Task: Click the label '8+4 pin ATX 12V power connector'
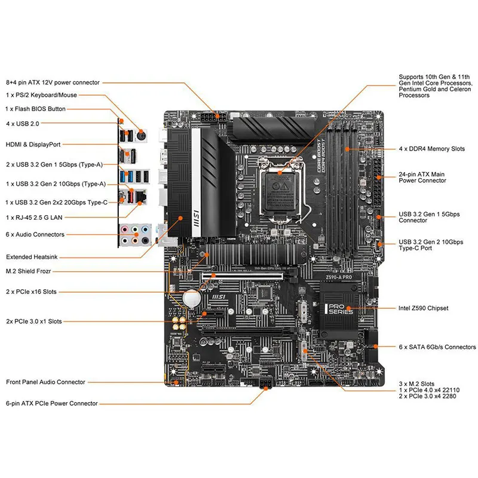click(53, 82)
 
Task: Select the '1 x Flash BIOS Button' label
click(35, 109)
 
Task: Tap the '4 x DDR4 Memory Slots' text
click(431, 148)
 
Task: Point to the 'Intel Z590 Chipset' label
click(423, 308)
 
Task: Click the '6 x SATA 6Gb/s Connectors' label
click(437, 347)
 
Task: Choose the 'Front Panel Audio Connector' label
click(45, 382)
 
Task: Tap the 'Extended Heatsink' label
click(32, 257)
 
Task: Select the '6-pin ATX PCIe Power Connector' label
click(51, 403)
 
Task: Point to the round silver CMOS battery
click(191, 297)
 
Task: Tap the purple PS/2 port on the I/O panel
click(141, 133)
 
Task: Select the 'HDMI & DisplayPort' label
click(33, 144)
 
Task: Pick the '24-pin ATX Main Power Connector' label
click(422, 177)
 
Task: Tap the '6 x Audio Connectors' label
click(35, 234)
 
